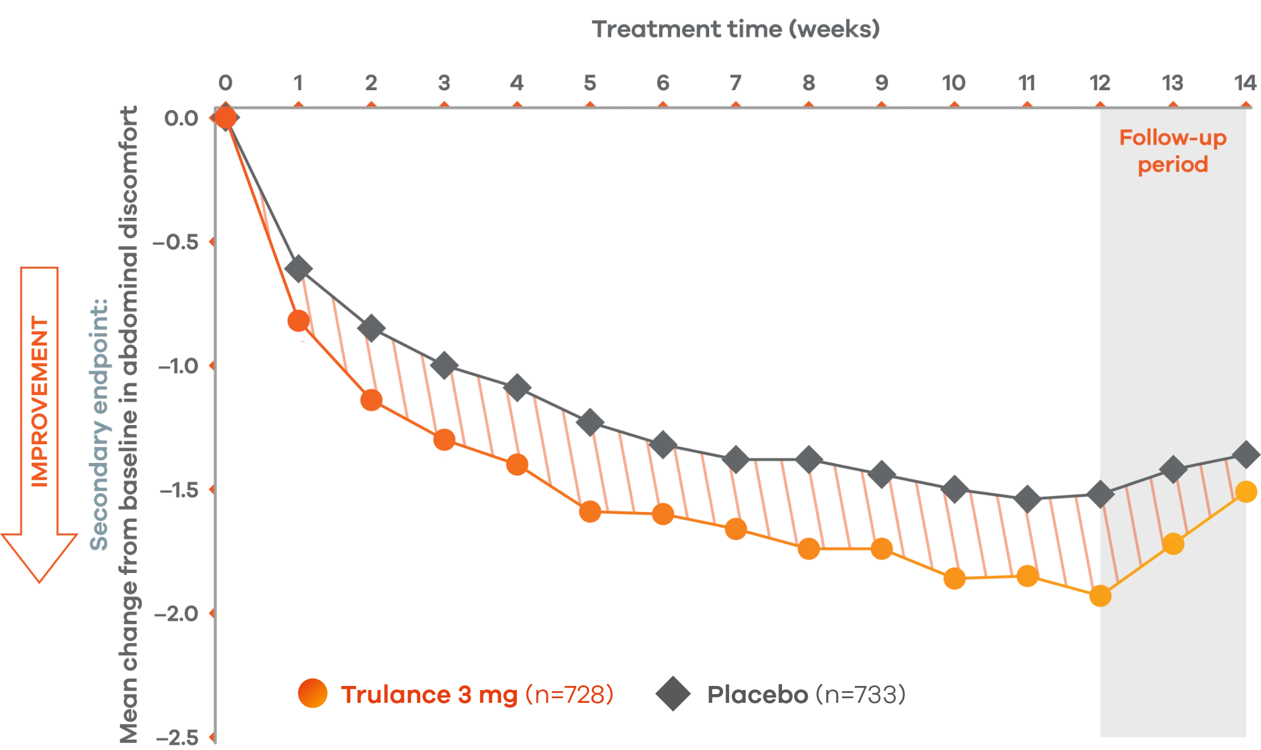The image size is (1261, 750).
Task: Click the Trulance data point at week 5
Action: point(590,512)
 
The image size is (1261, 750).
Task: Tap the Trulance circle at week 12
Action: point(1100,596)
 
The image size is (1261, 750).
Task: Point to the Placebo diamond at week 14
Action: point(1247,455)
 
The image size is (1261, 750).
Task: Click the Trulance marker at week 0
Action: point(226,118)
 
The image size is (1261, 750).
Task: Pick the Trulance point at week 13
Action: point(1173,544)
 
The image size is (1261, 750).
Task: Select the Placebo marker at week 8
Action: point(808,459)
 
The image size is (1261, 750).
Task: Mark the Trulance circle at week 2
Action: point(371,400)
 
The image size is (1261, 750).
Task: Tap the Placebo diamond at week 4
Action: point(517,388)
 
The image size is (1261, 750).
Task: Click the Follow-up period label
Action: point(1172,151)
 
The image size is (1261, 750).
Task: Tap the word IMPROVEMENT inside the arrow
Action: point(40,402)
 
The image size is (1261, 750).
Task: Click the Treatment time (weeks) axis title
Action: point(735,31)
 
